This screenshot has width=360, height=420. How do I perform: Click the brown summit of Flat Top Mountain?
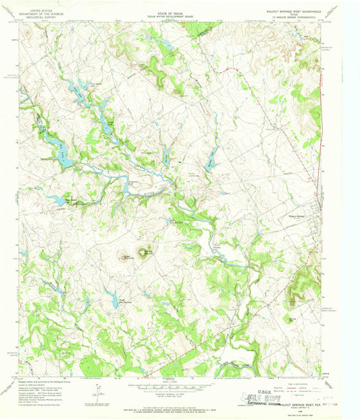pos(143,253)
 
